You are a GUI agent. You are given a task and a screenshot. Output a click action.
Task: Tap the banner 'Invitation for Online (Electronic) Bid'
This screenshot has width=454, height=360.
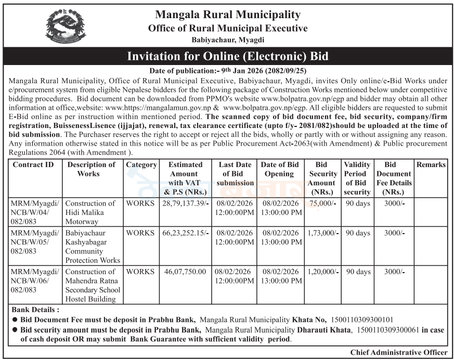[x=228, y=56]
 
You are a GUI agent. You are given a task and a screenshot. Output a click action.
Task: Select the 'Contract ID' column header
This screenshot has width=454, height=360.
[x=34, y=165]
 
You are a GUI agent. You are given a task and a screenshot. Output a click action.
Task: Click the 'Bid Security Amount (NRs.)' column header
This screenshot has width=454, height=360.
[x=322, y=178]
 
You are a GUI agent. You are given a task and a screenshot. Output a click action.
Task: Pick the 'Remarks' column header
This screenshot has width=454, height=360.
[x=431, y=165]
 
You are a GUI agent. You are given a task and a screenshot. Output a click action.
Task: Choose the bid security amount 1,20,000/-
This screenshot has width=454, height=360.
[x=322, y=272]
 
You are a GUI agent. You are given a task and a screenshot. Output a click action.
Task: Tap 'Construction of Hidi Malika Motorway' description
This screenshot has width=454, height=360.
[x=92, y=213]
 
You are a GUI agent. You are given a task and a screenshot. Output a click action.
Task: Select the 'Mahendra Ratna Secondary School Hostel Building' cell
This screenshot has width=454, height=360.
[x=92, y=285]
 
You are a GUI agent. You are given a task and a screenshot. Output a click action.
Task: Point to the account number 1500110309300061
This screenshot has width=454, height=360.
[x=387, y=330]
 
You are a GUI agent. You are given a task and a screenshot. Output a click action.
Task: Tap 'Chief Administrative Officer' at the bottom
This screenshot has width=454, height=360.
[x=398, y=353]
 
